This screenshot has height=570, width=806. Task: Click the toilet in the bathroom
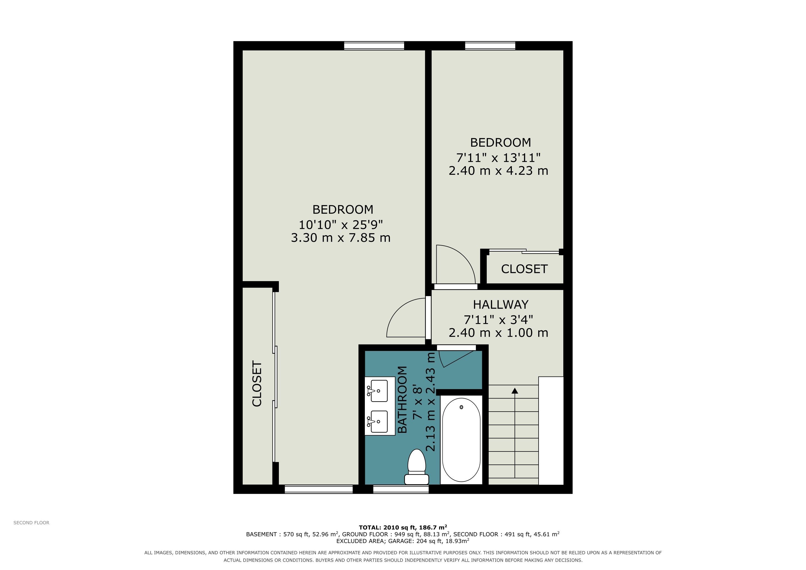point(417,468)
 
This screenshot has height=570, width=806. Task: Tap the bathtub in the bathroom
point(461,440)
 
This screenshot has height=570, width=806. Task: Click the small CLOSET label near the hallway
point(524,269)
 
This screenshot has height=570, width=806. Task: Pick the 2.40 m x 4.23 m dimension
point(498,171)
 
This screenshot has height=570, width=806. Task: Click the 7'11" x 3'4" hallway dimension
point(498,320)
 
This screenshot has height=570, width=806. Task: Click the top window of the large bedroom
point(374,46)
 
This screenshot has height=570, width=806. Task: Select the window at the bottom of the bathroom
point(401,489)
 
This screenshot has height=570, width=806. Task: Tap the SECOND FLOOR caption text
point(31,523)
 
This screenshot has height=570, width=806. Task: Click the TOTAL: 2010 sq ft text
point(387,527)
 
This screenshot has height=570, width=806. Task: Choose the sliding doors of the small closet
point(524,251)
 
